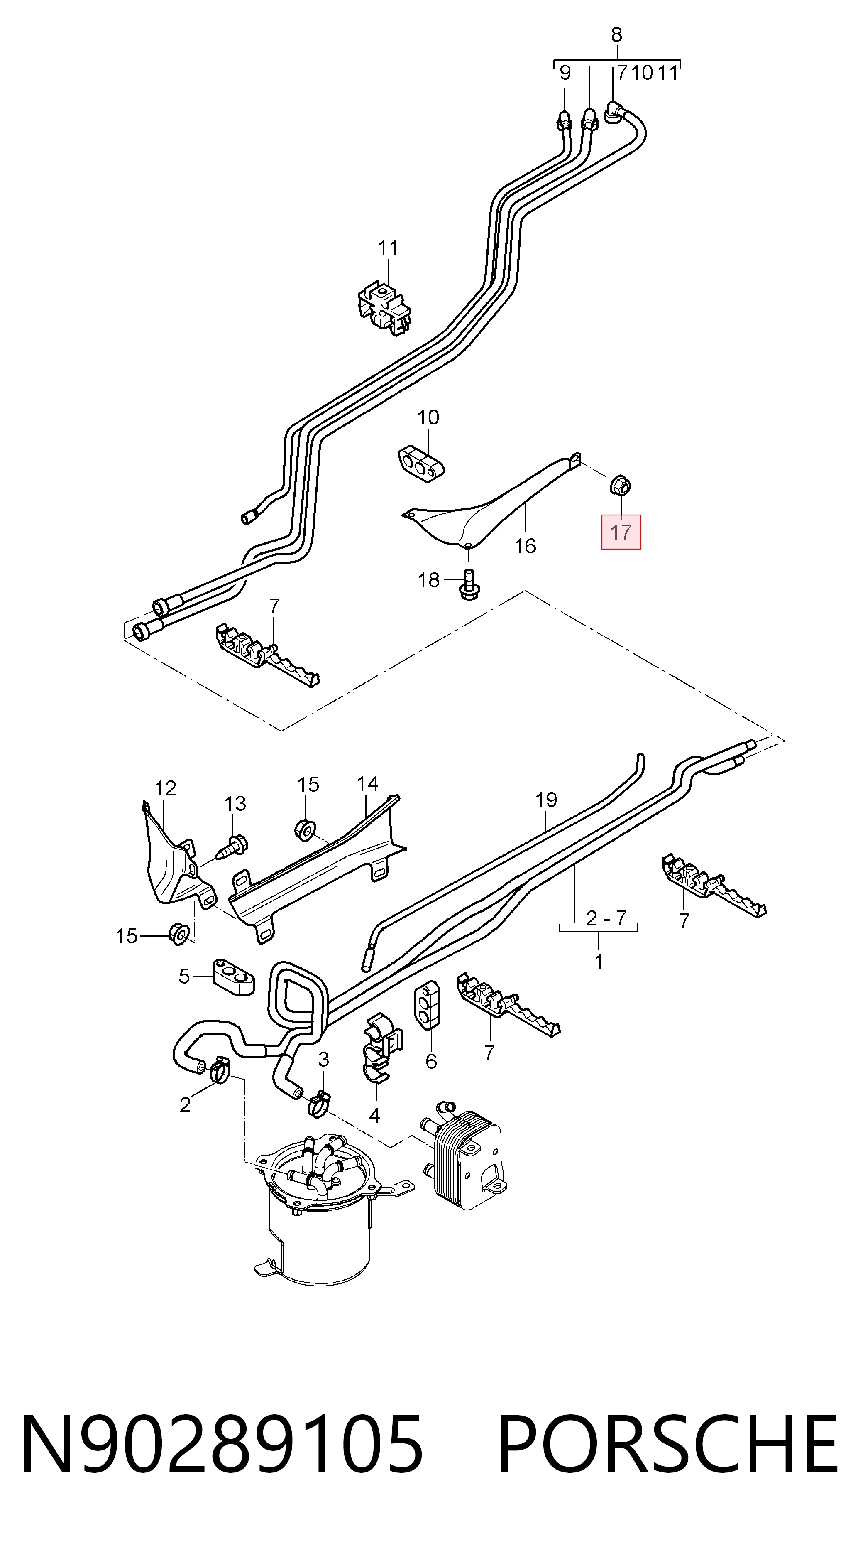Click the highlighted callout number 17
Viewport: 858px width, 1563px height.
pos(621,532)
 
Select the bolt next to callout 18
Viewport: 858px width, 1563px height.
pos(468,584)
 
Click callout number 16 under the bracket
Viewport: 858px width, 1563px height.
pos(525,546)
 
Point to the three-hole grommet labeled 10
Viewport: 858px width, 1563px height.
pos(421,464)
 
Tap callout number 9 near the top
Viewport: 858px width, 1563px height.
pos(565,74)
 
